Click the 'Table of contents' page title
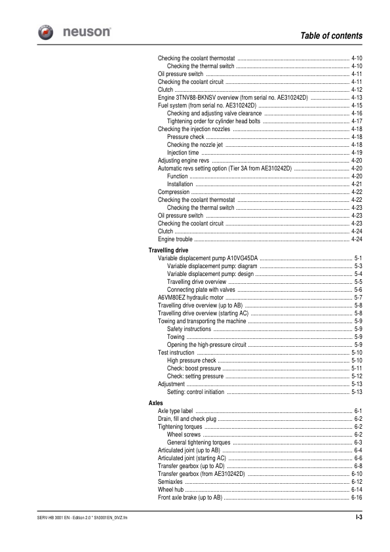pyautogui.click(x=331, y=35)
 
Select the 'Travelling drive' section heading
pyautogui.click(x=168, y=250)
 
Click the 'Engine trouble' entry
pyautogui.click(x=176, y=239)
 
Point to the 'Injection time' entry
pyautogui.click(x=185, y=152)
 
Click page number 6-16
pyautogui.click(x=357, y=497)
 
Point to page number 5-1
pyautogui.click(x=359, y=258)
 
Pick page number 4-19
pyautogui.click(x=357, y=152)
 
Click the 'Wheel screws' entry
pyautogui.click(x=184, y=434)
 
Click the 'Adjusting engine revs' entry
pyautogui.click(x=184, y=160)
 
